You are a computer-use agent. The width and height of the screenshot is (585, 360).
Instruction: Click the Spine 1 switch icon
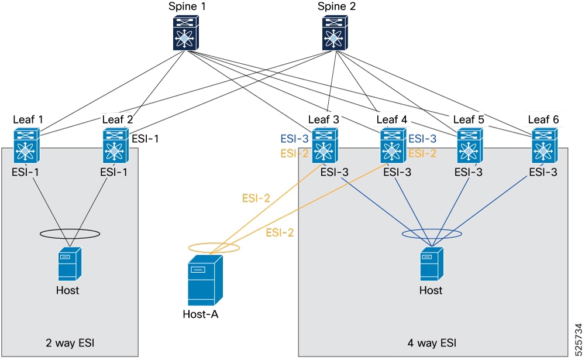click(x=186, y=33)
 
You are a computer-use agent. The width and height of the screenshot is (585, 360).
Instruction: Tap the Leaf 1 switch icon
click(x=26, y=146)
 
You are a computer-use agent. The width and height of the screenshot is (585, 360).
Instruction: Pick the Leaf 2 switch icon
click(x=116, y=146)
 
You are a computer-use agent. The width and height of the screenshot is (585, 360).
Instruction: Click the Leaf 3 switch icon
click(x=325, y=146)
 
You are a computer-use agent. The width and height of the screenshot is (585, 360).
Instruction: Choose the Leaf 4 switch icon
click(x=393, y=146)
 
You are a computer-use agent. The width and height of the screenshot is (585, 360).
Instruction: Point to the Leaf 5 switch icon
click(x=470, y=146)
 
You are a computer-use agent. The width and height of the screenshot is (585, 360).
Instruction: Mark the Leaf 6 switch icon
click(x=545, y=146)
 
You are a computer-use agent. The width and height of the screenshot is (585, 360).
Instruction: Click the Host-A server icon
click(x=205, y=280)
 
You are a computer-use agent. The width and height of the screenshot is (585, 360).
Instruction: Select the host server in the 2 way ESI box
click(x=70, y=264)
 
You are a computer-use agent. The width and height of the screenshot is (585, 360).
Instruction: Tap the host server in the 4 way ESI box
click(x=432, y=264)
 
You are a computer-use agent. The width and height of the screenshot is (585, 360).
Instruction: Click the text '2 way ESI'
click(x=70, y=343)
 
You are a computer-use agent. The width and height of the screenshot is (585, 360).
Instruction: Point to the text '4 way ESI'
click(x=432, y=343)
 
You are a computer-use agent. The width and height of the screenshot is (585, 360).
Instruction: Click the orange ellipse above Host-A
click(x=214, y=243)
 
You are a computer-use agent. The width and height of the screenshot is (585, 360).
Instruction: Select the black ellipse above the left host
click(x=70, y=229)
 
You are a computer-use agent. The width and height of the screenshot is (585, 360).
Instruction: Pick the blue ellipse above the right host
click(x=432, y=229)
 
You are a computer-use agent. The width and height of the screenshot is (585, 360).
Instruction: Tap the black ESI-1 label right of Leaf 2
click(x=146, y=139)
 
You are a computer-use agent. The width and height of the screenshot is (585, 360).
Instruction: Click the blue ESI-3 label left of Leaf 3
click(x=295, y=139)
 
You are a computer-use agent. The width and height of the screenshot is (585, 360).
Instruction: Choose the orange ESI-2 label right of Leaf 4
click(x=422, y=153)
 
